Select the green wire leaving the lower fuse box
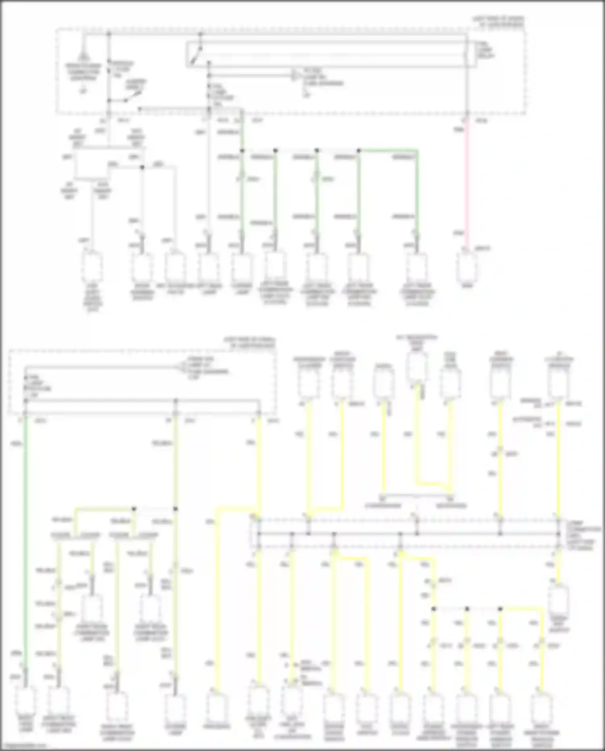(x=25, y=525)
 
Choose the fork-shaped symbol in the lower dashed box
(x=180, y=367)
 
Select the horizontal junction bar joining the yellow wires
(x=407, y=533)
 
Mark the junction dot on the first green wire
(x=242, y=151)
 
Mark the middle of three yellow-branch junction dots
(x=467, y=609)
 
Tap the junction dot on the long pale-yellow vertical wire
(x=175, y=509)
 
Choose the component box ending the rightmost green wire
(x=417, y=267)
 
